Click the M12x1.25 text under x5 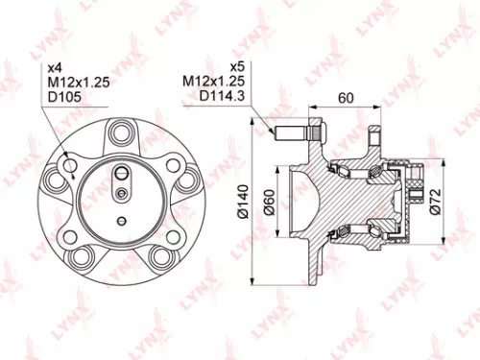[208, 84]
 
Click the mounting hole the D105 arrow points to [72, 168]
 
